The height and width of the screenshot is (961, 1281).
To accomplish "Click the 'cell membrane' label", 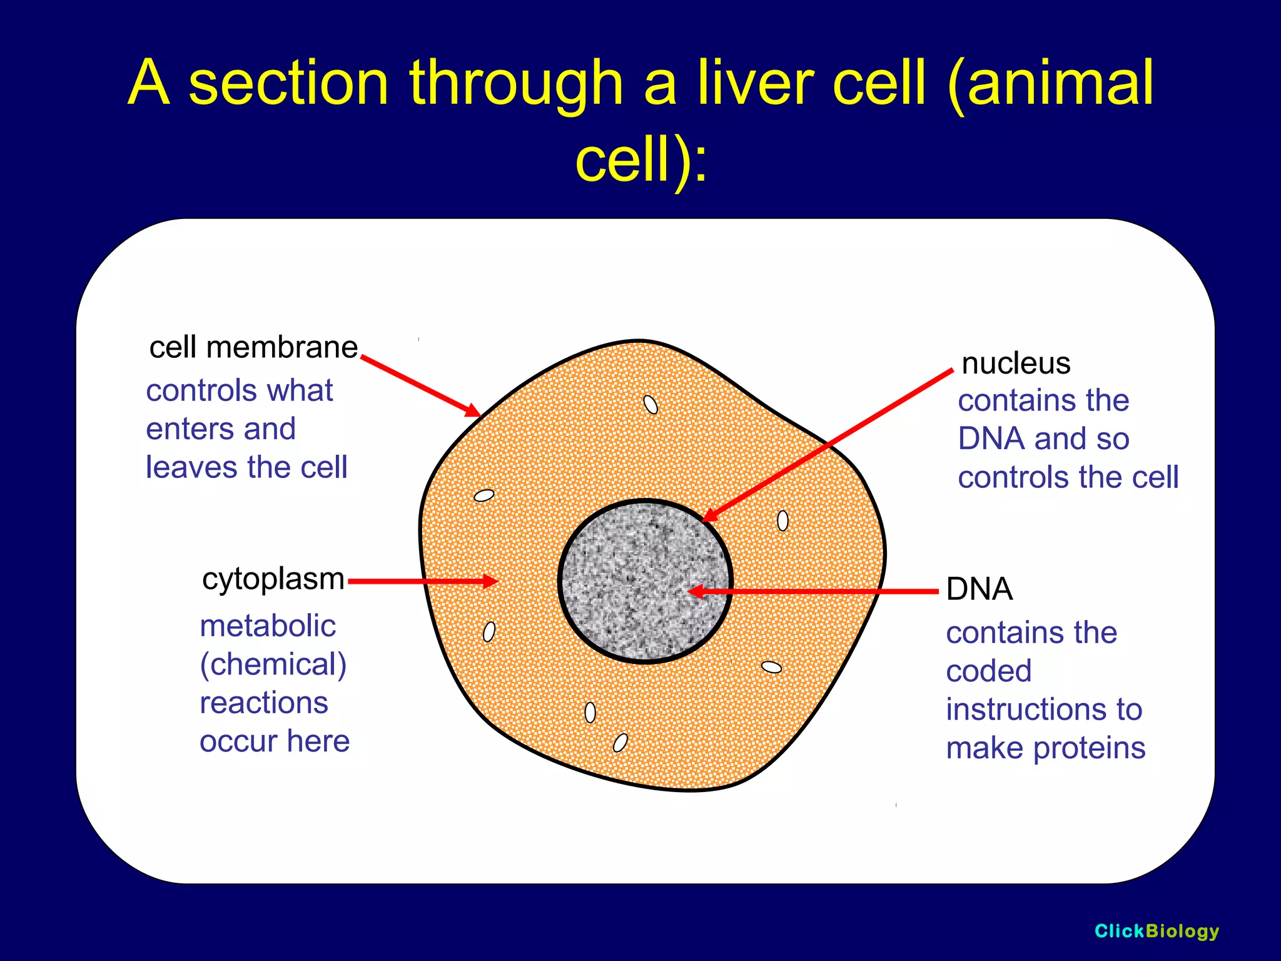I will tap(253, 347).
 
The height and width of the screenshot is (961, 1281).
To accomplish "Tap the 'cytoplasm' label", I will tap(273, 579).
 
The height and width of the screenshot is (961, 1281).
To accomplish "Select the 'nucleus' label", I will tap(1016, 364).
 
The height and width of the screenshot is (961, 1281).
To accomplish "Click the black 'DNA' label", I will tap(979, 589).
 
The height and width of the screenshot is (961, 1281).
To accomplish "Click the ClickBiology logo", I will tap(1157, 931).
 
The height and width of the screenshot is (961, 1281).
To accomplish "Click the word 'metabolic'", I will tap(268, 626).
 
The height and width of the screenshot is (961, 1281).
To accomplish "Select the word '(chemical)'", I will tap(273, 664).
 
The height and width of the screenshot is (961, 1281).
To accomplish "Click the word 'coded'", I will tap(988, 671).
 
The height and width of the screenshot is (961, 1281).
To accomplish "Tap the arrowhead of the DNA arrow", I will tap(694, 591).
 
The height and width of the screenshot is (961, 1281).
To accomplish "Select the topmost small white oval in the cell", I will tap(651, 405).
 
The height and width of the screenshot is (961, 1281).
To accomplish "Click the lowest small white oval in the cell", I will tap(620, 743).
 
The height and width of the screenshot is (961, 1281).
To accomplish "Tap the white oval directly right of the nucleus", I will tap(782, 520).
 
